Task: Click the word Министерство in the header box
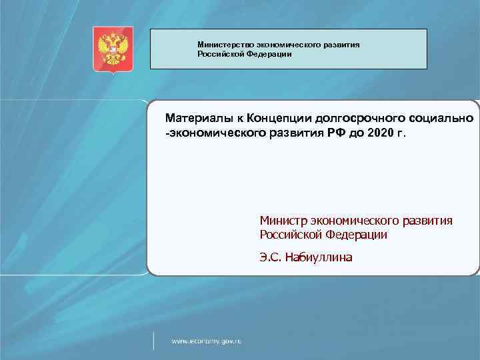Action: coord(223,45)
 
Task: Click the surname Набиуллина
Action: coord(318,257)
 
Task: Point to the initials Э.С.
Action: coord(271,257)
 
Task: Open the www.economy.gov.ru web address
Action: coord(206,341)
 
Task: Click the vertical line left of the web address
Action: coord(154,340)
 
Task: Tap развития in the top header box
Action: coord(341,45)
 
